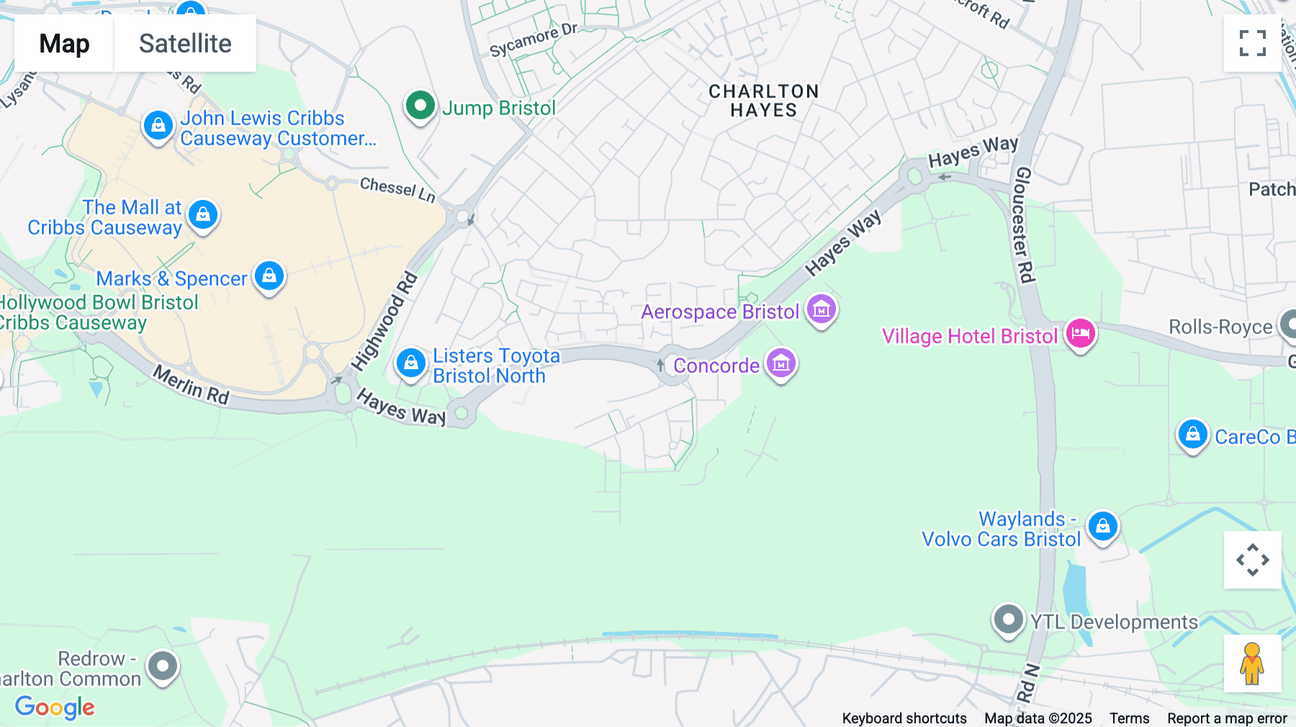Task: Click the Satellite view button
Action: click(x=185, y=43)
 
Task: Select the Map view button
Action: click(x=64, y=43)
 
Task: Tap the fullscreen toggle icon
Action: click(x=1252, y=43)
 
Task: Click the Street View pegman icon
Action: click(x=1252, y=664)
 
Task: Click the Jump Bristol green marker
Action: click(x=420, y=106)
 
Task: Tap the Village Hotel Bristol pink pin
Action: click(x=1080, y=334)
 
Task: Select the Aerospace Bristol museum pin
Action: click(x=821, y=310)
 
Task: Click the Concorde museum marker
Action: click(x=780, y=364)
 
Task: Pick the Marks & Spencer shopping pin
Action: click(x=269, y=276)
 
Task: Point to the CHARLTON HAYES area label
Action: click(x=763, y=101)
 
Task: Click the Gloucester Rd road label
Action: click(x=1023, y=225)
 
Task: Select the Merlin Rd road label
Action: click(x=191, y=385)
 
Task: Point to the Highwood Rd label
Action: click(x=384, y=321)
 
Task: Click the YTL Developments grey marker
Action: click(x=1008, y=620)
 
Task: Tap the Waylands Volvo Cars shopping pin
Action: click(x=1102, y=527)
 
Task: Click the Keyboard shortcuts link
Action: click(x=904, y=718)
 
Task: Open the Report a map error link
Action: click(x=1227, y=718)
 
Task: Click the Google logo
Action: click(x=55, y=707)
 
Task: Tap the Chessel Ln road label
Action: click(x=397, y=189)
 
